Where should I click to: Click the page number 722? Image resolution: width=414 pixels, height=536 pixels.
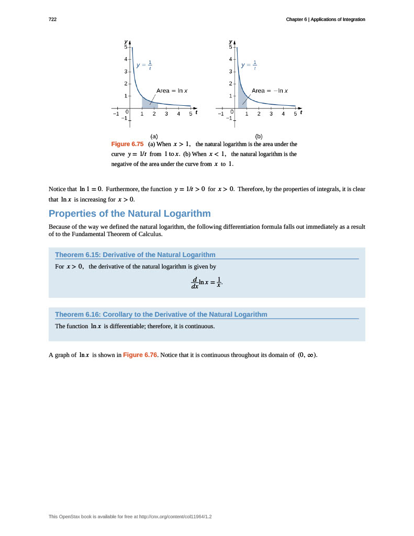click(52, 19)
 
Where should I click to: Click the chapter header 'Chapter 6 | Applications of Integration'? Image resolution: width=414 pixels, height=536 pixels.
click(325, 19)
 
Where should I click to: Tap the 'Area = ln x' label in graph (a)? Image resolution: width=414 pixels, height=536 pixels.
click(172, 91)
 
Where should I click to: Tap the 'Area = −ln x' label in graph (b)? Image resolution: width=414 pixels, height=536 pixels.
click(270, 91)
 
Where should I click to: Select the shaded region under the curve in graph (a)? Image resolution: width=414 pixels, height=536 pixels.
click(149, 103)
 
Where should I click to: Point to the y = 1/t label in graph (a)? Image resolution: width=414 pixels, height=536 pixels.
click(144, 65)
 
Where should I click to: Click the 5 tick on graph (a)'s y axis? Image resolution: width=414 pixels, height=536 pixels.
click(126, 47)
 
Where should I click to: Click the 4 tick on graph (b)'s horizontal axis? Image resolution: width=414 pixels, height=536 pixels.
click(283, 114)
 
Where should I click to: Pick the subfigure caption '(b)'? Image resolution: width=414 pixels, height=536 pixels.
click(259, 136)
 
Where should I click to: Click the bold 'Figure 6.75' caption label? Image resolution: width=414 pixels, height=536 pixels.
click(127, 144)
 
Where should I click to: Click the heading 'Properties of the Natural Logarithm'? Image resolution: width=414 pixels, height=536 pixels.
click(129, 214)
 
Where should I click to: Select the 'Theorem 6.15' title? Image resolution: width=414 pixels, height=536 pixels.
click(135, 255)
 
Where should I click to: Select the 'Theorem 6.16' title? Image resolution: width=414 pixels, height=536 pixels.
click(161, 315)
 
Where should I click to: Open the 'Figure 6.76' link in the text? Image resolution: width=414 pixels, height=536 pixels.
click(140, 355)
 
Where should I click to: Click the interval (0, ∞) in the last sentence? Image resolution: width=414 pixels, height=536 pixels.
click(307, 355)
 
